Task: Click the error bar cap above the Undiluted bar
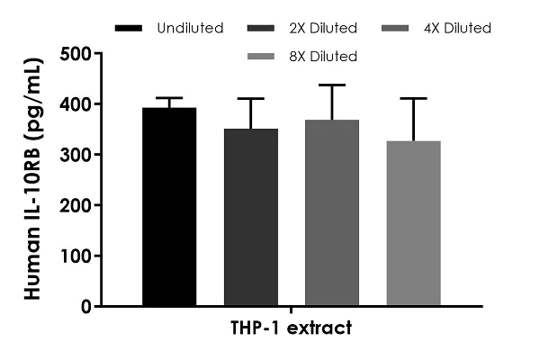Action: [x=169, y=98]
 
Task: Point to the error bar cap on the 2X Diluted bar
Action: [x=251, y=99]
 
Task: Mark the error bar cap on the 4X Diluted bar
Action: [x=332, y=85]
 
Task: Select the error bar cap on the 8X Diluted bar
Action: [x=413, y=99]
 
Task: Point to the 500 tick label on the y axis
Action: [x=76, y=54]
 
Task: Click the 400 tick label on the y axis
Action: [x=76, y=104]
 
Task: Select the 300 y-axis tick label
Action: [x=76, y=155]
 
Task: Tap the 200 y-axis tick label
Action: [x=76, y=205]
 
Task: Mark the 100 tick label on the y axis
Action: [x=76, y=256]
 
